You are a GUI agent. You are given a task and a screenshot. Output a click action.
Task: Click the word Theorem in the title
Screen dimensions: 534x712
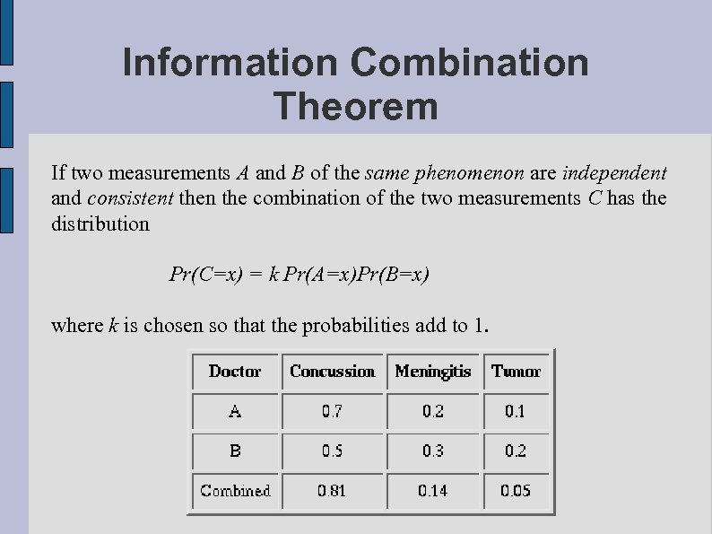point(356,106)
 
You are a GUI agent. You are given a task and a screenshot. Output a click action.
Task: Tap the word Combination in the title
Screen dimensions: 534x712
point(470,62)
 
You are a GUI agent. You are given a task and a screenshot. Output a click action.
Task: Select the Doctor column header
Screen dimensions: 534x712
point(235,372)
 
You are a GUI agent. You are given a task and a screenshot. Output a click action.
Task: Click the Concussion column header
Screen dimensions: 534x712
point(333,372)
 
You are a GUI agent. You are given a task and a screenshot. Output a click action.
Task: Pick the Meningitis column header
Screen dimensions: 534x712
point(433,372)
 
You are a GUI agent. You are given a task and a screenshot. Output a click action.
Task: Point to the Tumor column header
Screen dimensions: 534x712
point(516,372)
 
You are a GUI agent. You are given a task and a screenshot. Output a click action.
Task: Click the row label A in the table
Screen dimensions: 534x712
point(235,412)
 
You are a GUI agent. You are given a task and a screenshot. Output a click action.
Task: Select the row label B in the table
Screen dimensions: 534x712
point(235,451)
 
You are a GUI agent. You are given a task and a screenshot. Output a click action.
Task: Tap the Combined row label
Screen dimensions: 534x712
point(235,490)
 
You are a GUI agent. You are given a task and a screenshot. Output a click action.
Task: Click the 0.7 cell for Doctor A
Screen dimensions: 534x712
point(333,412)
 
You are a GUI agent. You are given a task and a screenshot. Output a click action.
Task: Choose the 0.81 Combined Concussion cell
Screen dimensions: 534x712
point(333,490)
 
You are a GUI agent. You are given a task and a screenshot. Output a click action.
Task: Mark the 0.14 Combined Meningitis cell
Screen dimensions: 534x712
point(433,490)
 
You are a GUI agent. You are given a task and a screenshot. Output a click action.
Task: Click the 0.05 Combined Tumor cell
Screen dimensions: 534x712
point(516,490)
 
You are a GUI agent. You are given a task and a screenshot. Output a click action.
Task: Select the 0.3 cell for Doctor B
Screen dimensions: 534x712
point(433,451)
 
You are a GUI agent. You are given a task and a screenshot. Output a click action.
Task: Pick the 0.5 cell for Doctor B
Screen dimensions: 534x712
point(333,451)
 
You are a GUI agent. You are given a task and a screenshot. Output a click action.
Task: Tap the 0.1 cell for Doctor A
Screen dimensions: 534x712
point(516,412)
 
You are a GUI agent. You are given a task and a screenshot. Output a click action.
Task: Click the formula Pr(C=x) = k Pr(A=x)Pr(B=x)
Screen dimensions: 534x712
point(300,274)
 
